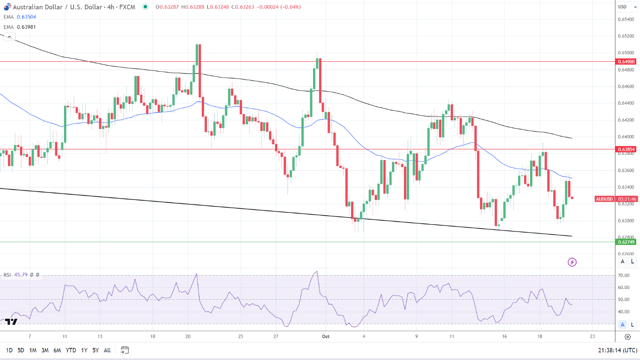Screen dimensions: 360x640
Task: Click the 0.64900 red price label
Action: pos(627,62)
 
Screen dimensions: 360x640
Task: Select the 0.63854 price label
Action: pos(627,149)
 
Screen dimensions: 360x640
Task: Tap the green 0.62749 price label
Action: pos(627,242)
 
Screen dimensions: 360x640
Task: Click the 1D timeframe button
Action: pos(9,350)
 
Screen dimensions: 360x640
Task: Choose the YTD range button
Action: pos(71,350)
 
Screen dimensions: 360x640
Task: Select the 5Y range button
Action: pos(96,350)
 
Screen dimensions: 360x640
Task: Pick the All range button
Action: pos(107,350)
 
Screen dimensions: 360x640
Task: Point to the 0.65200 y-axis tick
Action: pos(626,36)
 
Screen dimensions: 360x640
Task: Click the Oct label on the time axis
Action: pos(325,337)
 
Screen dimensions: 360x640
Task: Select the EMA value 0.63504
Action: pos(26,17)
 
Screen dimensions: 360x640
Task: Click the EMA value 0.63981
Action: pos(26,27)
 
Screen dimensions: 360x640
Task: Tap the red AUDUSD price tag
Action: pos(604,199)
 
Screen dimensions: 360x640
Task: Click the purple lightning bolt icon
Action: pos(572,262)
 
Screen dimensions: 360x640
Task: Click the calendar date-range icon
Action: pos(124,350)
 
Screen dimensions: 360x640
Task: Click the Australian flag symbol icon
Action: pos(7,7)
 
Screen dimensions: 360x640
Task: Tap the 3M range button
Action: pos(45,350)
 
